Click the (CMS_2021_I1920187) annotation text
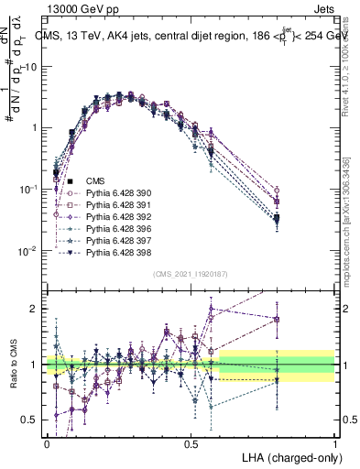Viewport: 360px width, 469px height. [x=191, y=274]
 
